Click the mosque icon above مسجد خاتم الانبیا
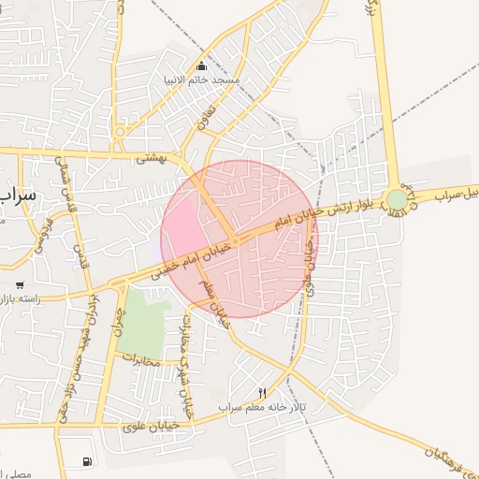[x=201, y=65]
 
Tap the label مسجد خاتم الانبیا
[x=202, y=80]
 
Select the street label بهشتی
[x=150, y=158]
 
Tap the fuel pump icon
[x=87, y=460]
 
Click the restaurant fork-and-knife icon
[x=262, y=394]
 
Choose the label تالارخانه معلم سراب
[x=262, y=407]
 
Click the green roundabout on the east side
[x=398, y=199]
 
